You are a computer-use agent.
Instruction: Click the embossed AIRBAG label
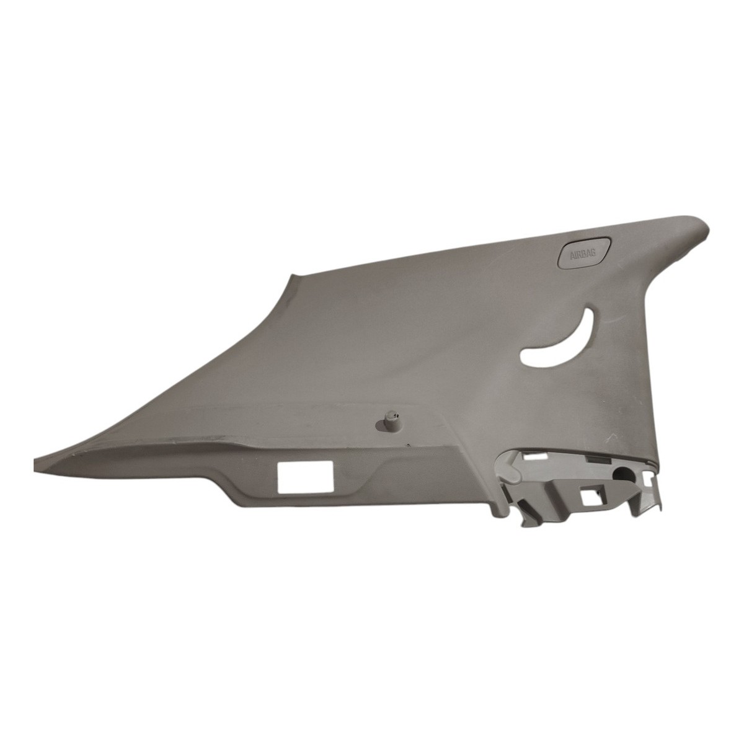(x=583, y=254)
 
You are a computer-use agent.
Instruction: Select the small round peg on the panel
(x=389, y=419)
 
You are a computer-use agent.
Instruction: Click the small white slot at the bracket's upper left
(x=534, y=457)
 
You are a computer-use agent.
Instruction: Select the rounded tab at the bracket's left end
(x=507, y=467)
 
